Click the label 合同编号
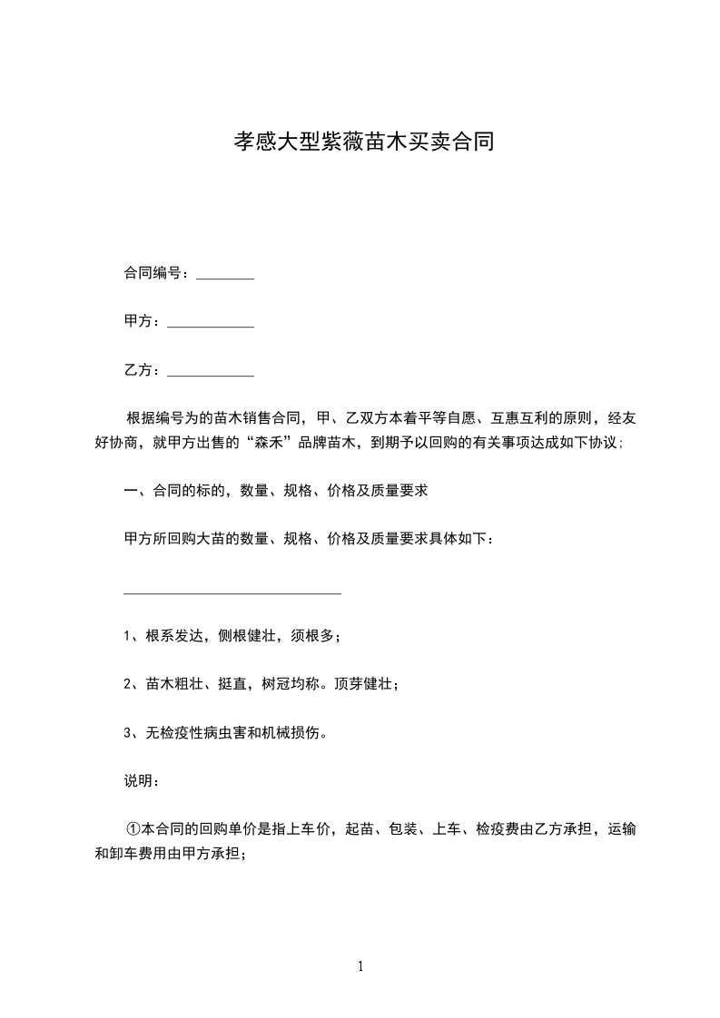(152, 273)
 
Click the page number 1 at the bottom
(360, 967)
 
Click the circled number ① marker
(133, 829)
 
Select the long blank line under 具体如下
(232, 592)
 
